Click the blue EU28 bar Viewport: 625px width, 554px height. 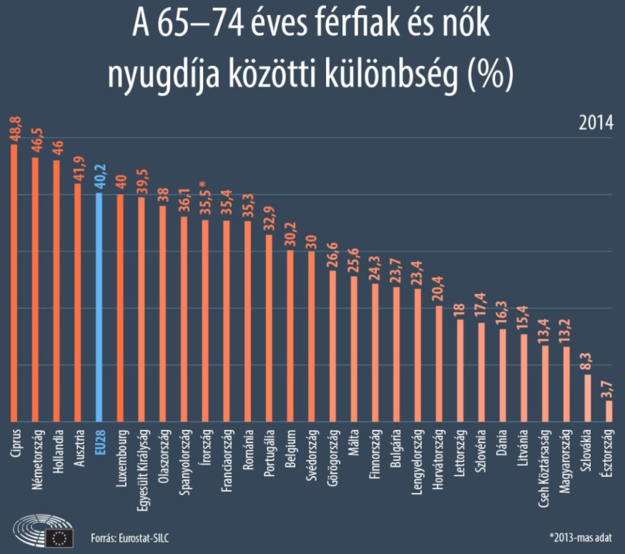point(99,308)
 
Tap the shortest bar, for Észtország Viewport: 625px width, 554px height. point(609,411)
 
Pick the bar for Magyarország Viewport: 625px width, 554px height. point(566,384)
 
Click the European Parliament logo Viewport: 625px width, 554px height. point(44,530)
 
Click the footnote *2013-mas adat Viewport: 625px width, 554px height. point(582,538)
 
